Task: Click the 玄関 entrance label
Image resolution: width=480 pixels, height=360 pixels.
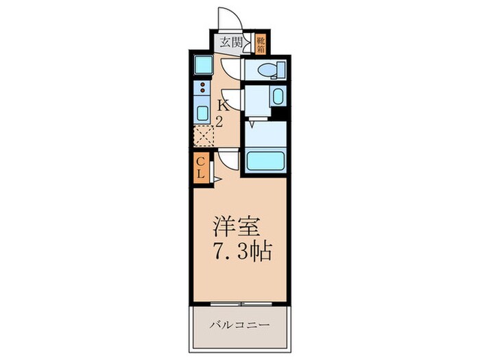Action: click(x=230, y=40)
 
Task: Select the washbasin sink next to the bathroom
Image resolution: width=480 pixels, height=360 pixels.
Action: click(x=277, y=97)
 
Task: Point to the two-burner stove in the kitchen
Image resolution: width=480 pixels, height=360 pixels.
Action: click(x=203, y=88)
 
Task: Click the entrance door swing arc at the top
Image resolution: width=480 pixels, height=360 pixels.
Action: click(x=227, y=19)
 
